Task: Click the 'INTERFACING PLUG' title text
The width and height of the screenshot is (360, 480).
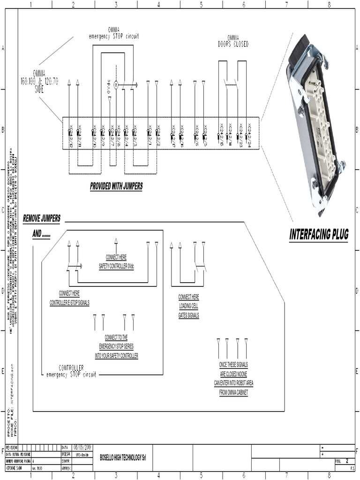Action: click(319, 234)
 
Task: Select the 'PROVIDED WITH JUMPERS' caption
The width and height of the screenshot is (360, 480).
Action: click(116, 187)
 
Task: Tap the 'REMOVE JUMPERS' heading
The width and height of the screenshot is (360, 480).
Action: click(42, 218)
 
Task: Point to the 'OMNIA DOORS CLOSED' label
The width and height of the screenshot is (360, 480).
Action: click(233, 41)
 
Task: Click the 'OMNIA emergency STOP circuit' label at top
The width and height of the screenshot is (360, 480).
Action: click(114, 33)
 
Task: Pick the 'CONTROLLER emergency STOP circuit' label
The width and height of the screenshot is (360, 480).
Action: click(71, 371)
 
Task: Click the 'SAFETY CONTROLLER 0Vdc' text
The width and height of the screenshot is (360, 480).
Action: click(116, 266)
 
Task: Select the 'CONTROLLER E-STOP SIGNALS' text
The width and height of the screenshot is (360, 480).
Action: click(69, 303)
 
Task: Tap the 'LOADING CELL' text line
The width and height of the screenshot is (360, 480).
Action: click(188, 306)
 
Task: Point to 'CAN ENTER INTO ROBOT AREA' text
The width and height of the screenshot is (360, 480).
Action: click(233, 383)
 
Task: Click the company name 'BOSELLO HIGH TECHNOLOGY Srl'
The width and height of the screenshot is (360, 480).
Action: click(123, 457)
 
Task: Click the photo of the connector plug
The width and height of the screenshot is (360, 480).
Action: click(314, 124)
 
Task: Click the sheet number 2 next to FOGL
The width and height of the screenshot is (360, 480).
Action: click(346, 460)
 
